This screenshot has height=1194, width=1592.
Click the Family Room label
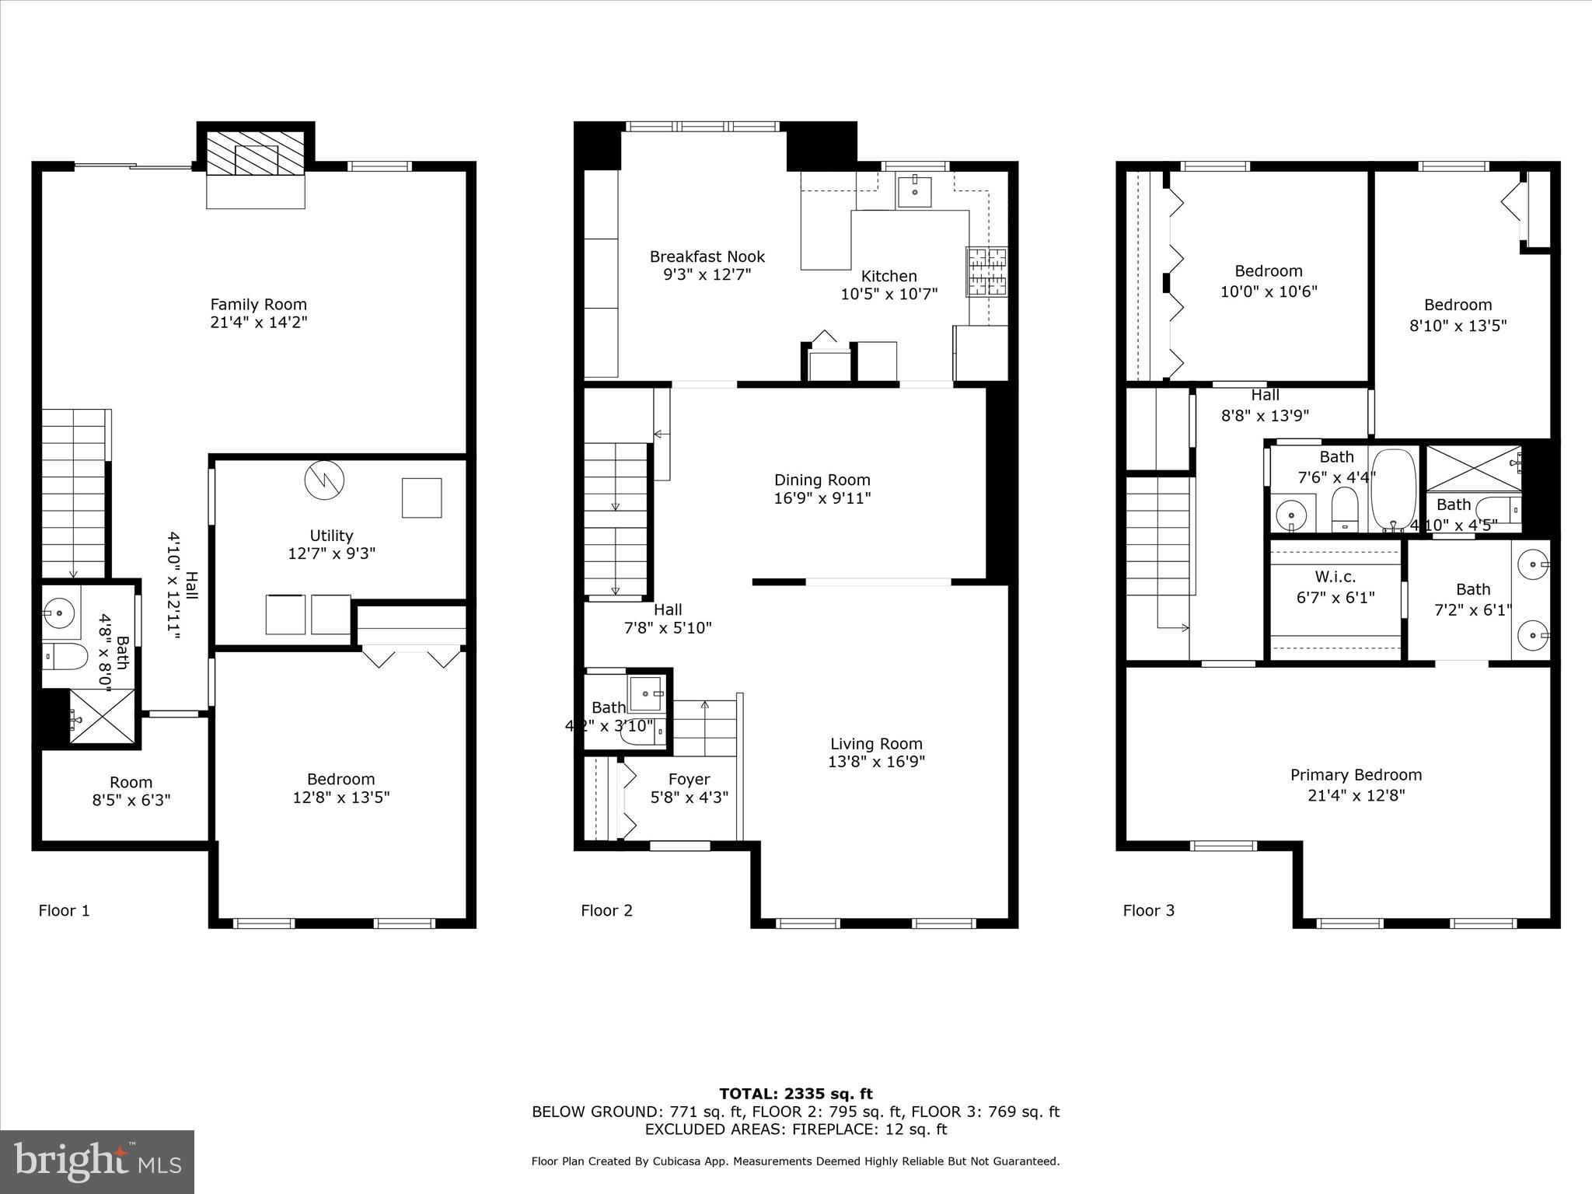pyautogui.click(x=258, y=305)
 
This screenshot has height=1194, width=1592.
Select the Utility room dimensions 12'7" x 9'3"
pyautogui.click(x=331, y=554)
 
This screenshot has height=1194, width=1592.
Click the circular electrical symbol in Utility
pyautogui.click(x=323, y=480)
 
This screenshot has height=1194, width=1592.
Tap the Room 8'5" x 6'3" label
pyautogui.click(x=131, y=783)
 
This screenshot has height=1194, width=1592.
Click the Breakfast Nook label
pyautogui.click(x=707, y=257)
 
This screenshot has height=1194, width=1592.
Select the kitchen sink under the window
pyautogui.click(x=915, y=191)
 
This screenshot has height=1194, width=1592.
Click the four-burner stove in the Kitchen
pyautogui.click(x=986, y=271)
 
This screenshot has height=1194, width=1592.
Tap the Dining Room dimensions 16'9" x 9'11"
pyautogui.click(x=822, y=498)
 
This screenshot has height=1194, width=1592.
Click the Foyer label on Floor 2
pyautogui.click(x=689, y=779)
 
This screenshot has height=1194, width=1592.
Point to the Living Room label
pyautogui.click(x=875, y=744)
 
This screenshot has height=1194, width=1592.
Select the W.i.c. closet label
pyautogui.click(x=1335, y=577)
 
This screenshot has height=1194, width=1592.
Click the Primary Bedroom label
pyautogui.click(x=1356, y=775)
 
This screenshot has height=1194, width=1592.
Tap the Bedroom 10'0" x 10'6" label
pyautogui.click(x=1268, y=271)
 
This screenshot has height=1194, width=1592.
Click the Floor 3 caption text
pyautogui.click(x=1148, y=910)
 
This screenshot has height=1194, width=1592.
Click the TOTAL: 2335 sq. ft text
pyautogui.click(x=795, y=1094)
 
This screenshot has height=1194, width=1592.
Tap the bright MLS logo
pyautogui.click(x=97, y=1162)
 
